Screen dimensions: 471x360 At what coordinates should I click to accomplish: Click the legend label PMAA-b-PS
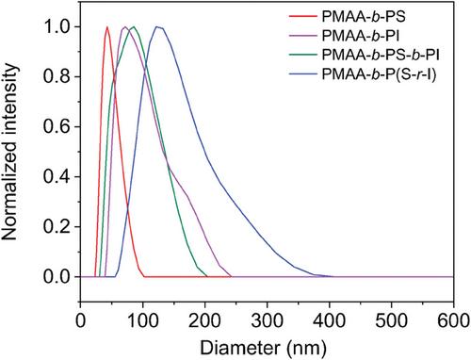click(x=364, y=16)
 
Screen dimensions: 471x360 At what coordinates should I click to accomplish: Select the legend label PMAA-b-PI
click(x=361, y=36)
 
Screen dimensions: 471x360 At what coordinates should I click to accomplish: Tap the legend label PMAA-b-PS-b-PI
click(x=381, y=55)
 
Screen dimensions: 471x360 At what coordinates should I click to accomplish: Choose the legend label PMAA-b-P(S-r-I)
click(x=380, y=74)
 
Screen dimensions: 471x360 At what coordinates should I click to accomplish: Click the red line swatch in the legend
click(x=302, y=16)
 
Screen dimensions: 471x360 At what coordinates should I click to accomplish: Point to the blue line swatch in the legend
click(x=302, y=74)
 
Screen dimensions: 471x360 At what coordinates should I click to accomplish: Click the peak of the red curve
click(x=107, y=26)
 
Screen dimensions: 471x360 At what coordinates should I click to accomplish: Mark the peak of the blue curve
click(x=157, y=26)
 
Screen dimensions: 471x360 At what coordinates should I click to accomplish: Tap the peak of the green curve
click(x=134, y=26)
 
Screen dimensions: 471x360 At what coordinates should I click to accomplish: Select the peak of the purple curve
click(x=125, y=26)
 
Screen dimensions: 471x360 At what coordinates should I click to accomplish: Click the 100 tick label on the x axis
click(x=143, y=321)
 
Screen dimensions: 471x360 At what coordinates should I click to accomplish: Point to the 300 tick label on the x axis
click(x=268, y=321)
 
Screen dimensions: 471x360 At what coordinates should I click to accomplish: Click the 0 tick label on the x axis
click(x=81, y=321)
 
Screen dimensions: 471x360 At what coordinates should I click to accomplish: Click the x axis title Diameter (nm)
click(x=264, y=348)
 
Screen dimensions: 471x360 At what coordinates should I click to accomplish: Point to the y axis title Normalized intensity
click(x=9, y=152)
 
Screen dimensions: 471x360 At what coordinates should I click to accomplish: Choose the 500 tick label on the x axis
click(x=392, y=321)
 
